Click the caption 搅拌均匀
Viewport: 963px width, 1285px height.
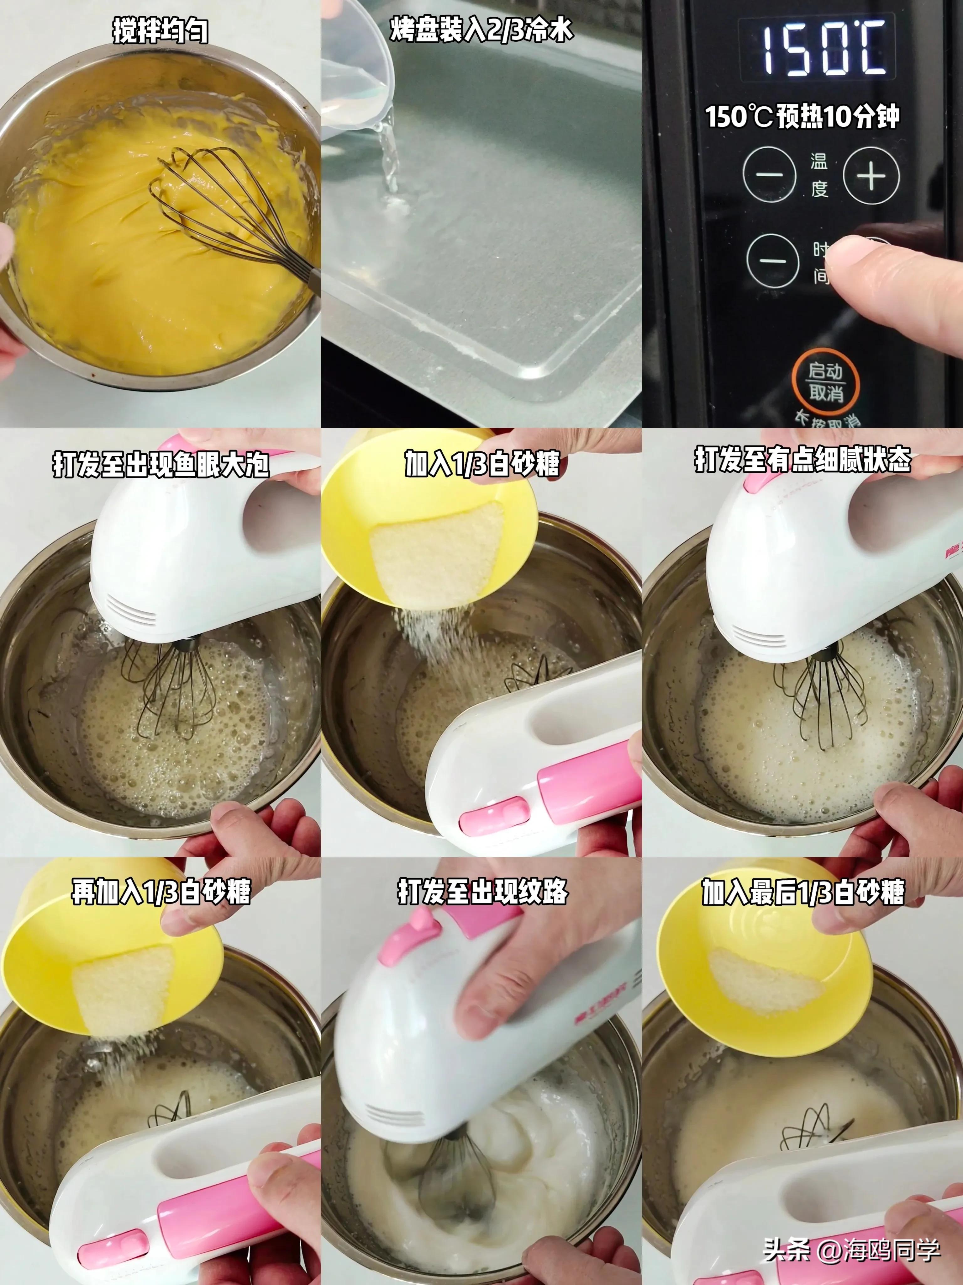[160, 30]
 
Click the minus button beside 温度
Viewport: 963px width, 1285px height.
[769, 174]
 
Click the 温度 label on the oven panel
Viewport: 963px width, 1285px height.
[819, 174]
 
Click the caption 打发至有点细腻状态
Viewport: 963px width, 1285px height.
[803, 460]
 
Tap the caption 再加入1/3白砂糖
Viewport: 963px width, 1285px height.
[161, 891]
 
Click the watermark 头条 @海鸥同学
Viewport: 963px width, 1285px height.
[851, 1249]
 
